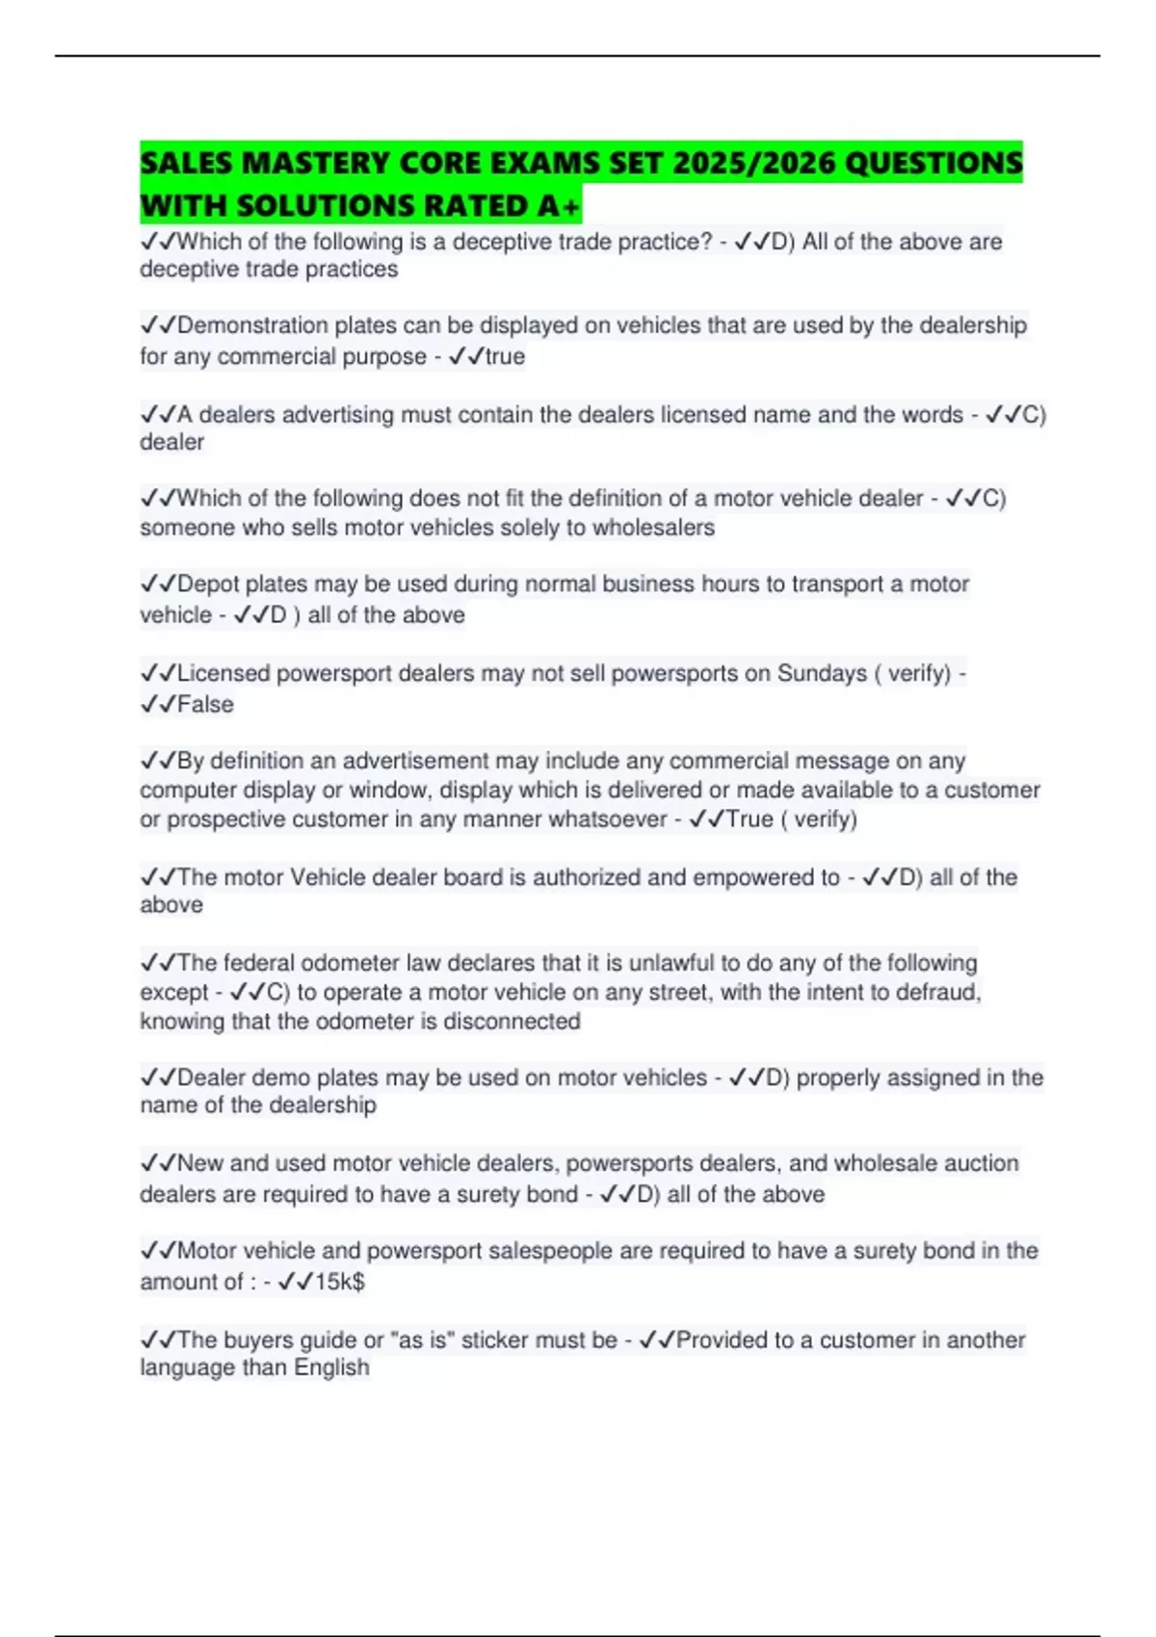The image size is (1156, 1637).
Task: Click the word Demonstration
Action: (x=252, y=325)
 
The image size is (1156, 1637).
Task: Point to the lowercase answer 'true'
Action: (x=505, y=356)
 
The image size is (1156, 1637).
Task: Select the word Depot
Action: (x=208, y=585)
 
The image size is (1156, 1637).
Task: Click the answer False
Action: (x=205, y=705)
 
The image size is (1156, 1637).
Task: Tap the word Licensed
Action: (x=223, y=673)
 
